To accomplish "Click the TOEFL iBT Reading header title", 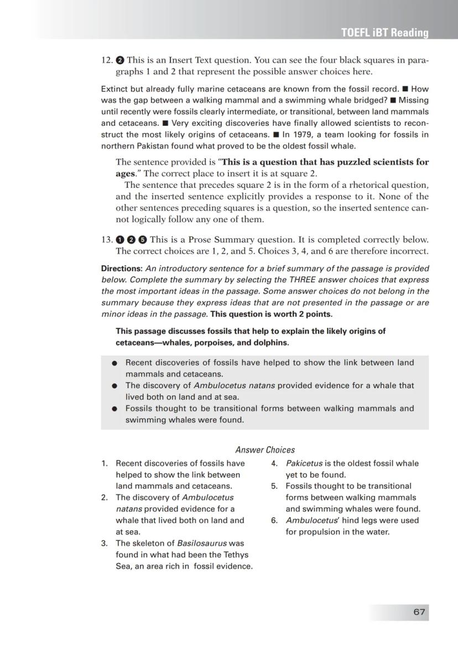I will click(385, 33).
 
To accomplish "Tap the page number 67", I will click(419, 612).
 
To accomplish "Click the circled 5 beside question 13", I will click(142, 240).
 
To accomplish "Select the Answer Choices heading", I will click(265, 450).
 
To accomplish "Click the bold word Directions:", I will click(122, 269).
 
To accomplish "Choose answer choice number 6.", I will click(274, 520).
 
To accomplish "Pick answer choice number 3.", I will click(104, 543).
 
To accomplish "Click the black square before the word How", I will click(405, 89).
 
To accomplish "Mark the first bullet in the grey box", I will click(114, 363).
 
